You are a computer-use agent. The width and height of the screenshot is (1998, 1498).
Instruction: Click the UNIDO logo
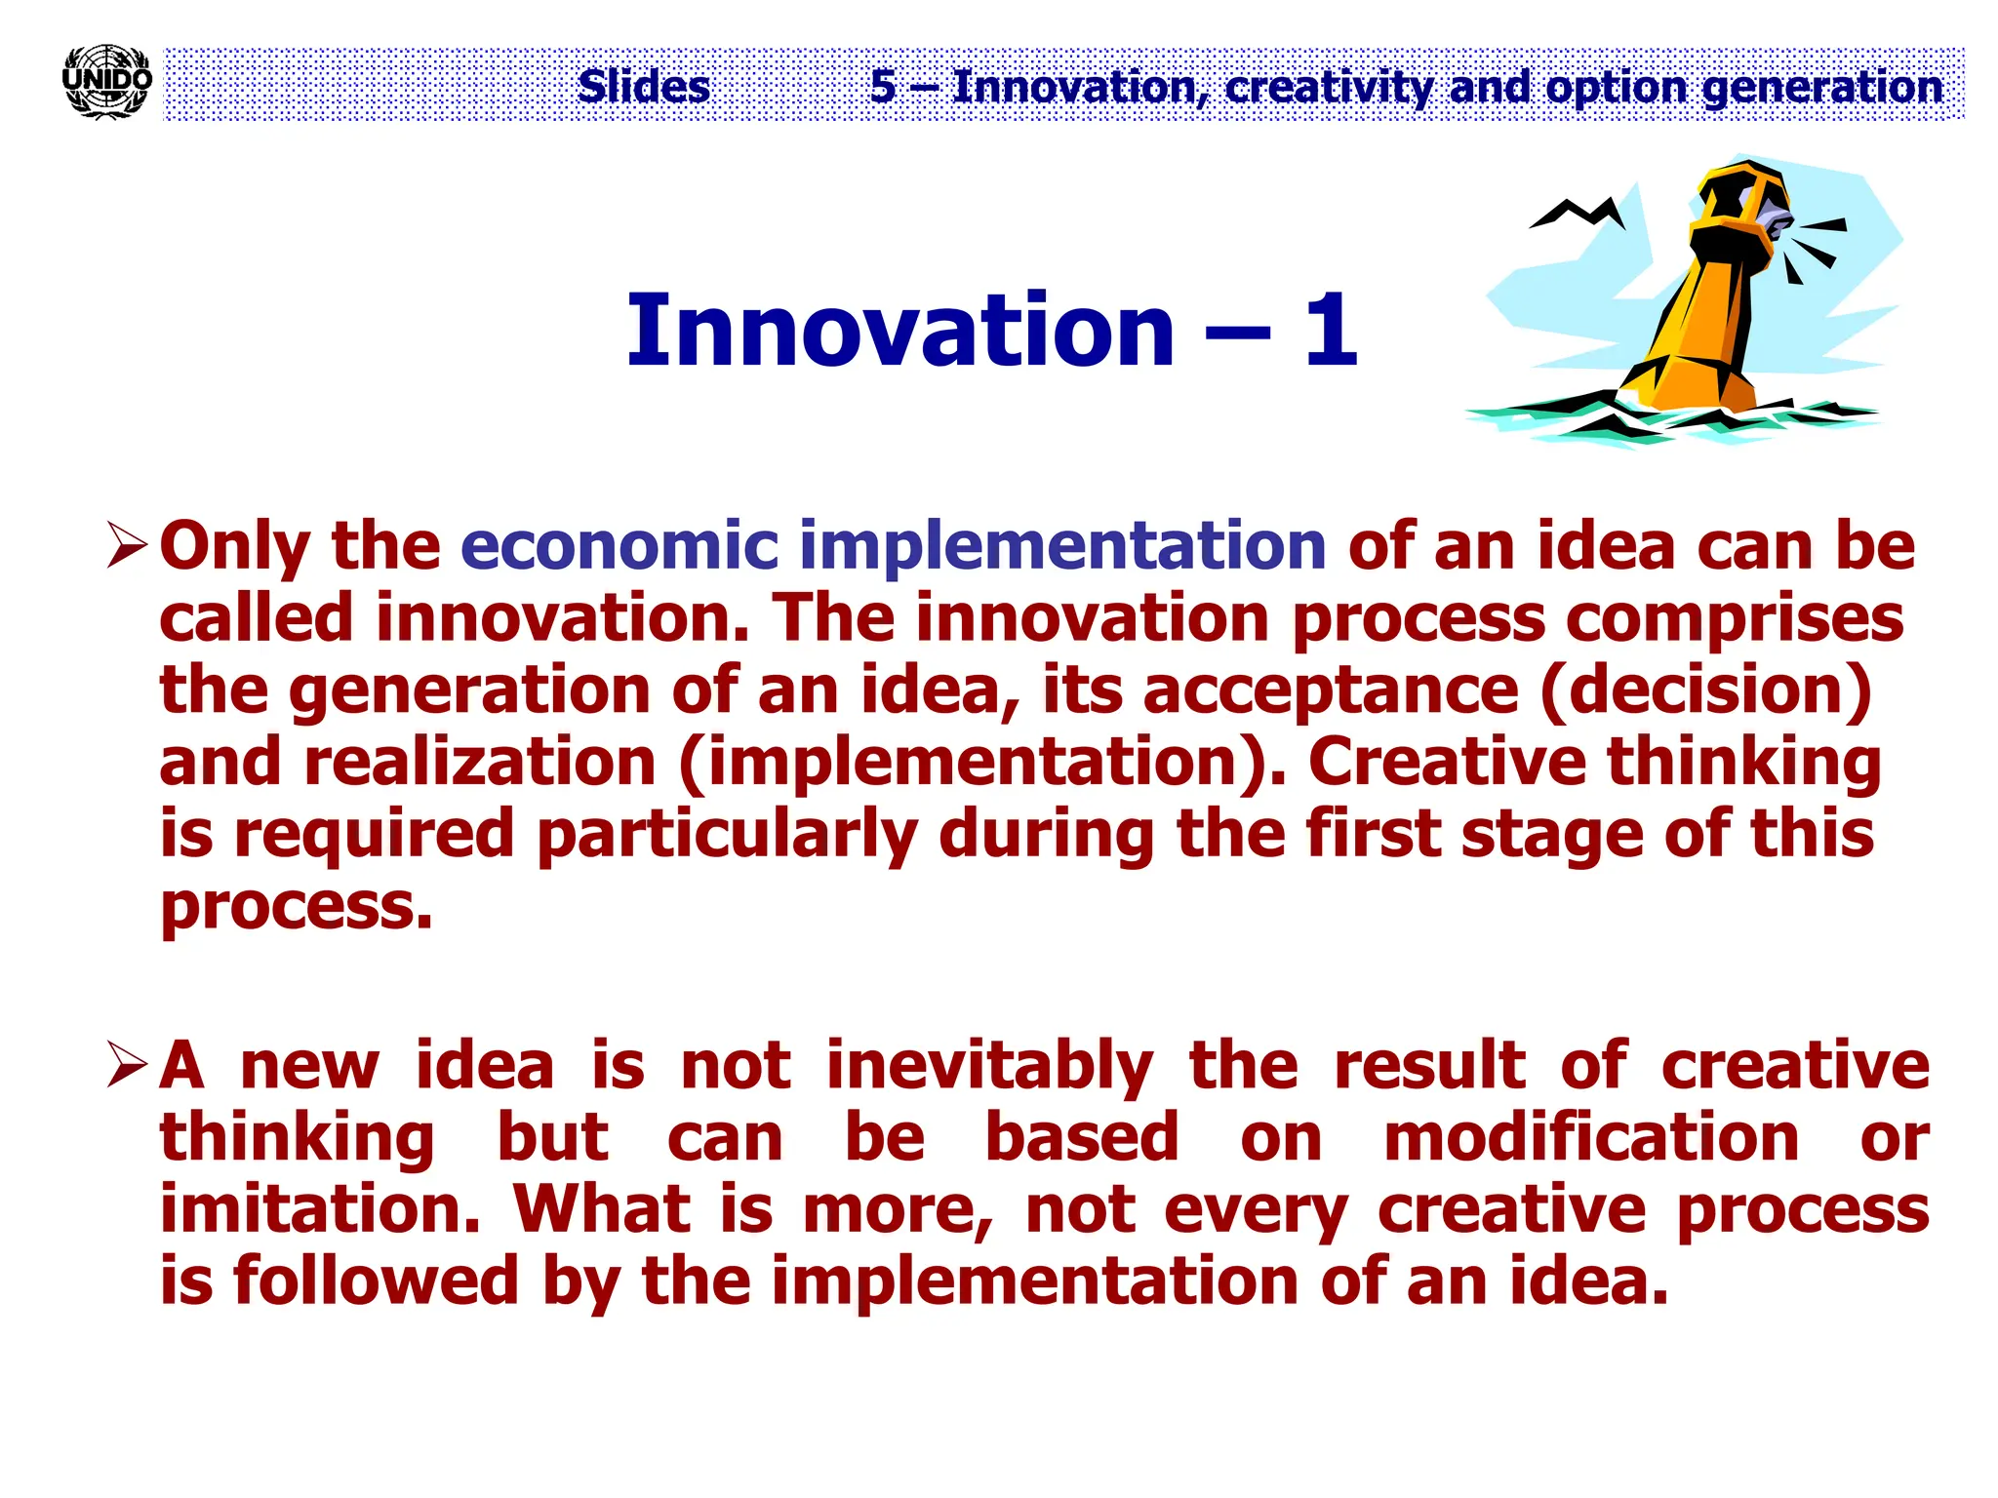coord(106,82)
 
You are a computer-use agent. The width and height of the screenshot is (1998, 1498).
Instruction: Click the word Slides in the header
coord(644,87)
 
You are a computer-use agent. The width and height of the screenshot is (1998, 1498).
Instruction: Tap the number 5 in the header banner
coord(883,87)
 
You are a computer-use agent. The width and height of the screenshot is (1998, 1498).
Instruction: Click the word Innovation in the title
coord(899,332)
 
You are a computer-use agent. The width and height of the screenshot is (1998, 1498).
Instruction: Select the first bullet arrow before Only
coord(127,545)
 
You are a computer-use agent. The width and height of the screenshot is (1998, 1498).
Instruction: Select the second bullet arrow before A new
coord(127,1065)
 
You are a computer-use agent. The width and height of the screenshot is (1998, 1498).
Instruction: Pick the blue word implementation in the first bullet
coord(1062,546)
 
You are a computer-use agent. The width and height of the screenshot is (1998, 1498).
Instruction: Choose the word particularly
coord(727,835)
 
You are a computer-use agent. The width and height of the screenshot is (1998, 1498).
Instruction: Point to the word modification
coord(1591,1138)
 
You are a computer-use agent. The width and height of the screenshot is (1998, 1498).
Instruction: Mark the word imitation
coord(320,1209)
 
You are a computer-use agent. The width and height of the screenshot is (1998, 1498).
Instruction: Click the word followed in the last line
coord(376,1281)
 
